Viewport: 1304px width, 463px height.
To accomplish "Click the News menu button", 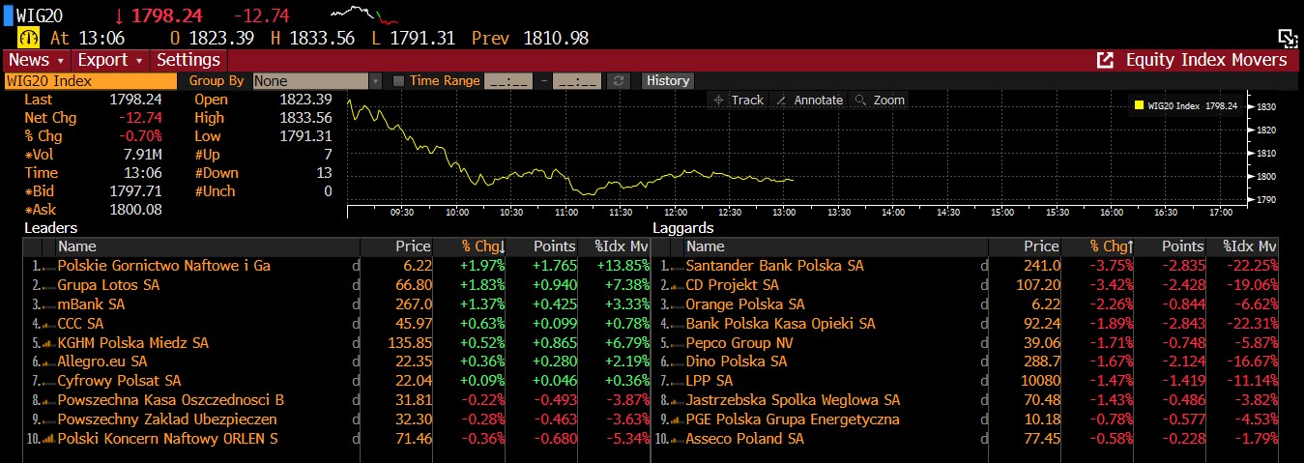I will click(36, 60).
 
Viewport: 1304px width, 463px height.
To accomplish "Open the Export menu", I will click(108, 60).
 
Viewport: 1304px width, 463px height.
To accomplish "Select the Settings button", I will click(188, 60).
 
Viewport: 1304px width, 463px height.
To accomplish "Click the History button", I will click(668, 81).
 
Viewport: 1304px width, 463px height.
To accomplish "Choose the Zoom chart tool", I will click(880, 101).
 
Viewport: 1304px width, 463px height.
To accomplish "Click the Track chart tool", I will click(739, 101).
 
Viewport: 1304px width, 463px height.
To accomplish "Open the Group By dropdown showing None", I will click(317, 81).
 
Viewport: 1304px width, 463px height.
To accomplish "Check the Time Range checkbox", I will click(398, 81).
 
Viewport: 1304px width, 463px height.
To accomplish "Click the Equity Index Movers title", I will click(1205, 60).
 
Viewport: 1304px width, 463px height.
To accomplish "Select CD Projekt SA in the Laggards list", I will click(732, 285).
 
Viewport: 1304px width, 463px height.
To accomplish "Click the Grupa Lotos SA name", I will click(108, 285).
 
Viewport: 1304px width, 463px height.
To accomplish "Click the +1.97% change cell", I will click(484, 266).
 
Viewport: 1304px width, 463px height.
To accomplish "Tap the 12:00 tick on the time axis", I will click(677, 212).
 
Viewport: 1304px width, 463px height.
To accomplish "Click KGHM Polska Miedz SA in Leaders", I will click(132, 343).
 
